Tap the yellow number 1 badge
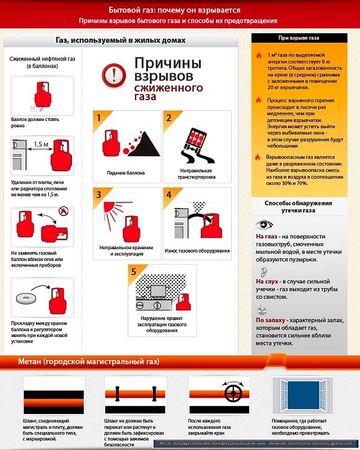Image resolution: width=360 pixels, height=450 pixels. (99, 118)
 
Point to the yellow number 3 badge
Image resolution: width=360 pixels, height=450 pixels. (99, 195)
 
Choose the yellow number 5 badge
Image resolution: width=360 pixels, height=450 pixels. (134, 272)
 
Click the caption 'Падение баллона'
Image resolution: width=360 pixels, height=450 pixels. (126, 173)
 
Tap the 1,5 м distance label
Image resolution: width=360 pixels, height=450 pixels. (41, 144)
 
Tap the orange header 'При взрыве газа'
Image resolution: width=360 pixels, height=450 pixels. (299, 38)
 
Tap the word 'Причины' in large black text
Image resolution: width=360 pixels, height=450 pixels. (167, 62)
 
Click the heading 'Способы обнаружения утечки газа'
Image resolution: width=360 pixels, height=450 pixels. (299, 206)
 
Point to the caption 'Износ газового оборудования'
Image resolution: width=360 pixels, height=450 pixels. (197, 250)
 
